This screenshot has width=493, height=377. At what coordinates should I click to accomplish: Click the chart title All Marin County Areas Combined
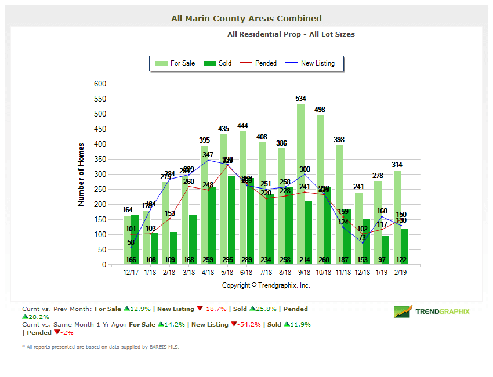pyautogui.click(x=246, y=19)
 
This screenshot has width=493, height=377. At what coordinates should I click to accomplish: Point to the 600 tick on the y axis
pyautogui.click(x=100, y=84)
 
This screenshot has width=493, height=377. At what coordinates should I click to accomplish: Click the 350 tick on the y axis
pyautogui.click(x=100, y=159)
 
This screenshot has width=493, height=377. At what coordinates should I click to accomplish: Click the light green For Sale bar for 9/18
pyautogui.click(x=300, y=186)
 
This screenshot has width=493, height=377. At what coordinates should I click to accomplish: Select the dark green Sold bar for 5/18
pyautogui.click(x=231, y=220)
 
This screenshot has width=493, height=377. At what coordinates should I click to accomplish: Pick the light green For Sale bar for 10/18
pyautogui.click(x=320, y=191)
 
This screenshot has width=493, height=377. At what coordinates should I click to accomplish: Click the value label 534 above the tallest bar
pyautogui.click(x=300, y=99)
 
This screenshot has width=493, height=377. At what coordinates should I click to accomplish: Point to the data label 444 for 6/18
pyautogui.click(x=242, y=126)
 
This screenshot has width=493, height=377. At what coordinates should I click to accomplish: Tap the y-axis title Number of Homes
pyautogui.click(x=81, y=174)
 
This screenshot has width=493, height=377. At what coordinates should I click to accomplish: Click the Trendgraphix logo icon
pyautogui.click(x=403, y=311)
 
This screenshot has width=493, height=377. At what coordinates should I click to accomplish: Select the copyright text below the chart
pyautogui.click(x=266, y=285)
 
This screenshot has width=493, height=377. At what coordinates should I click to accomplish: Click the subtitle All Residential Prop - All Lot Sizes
pyautogui.click(x=291, y=34)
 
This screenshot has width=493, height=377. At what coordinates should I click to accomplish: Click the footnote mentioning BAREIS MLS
pyautogui.click(x=100, y=347)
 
